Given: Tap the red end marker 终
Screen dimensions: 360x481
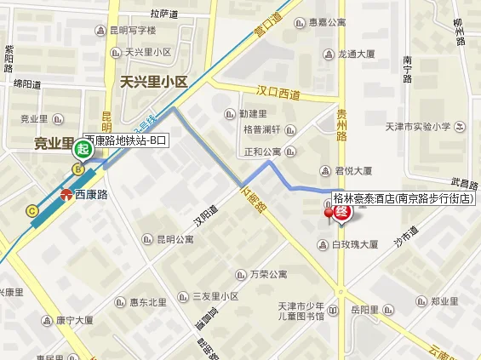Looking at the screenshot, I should pos(341,213).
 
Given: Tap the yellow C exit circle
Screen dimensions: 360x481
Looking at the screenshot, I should pos(32,211).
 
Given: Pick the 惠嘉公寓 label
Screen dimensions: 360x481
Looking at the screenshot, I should pos(327,23).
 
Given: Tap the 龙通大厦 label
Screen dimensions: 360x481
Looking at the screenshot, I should pos(356,53).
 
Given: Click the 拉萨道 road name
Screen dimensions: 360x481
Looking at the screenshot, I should pos(165,14).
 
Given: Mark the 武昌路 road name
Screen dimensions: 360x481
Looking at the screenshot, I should pos(465,184).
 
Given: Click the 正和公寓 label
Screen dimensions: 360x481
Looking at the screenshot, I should pos(262,151).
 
